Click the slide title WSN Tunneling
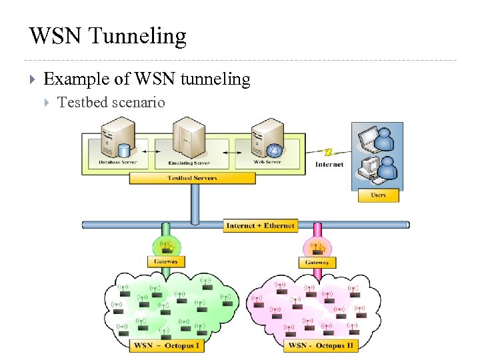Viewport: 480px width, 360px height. pos(108,36)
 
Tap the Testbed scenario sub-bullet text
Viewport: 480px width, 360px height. pos(111,103)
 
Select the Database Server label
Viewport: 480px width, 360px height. pos(118,162)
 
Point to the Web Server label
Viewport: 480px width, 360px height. pos(267,162)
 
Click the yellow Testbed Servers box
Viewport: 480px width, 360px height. pos(192,178)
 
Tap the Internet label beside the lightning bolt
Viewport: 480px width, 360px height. pos(329,164)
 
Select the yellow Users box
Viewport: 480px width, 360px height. pos(378,195)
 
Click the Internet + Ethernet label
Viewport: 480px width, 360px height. pos(260,226)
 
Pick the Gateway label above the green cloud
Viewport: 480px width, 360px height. pos(166,262)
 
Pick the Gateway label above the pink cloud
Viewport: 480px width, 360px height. pos(317,263)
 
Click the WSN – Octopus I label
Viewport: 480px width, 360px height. pos(167,345)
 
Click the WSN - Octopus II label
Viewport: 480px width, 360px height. pos(321,345)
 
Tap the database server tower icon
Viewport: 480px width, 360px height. pos(113,137)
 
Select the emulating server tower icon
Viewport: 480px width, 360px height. pos(189,137)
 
